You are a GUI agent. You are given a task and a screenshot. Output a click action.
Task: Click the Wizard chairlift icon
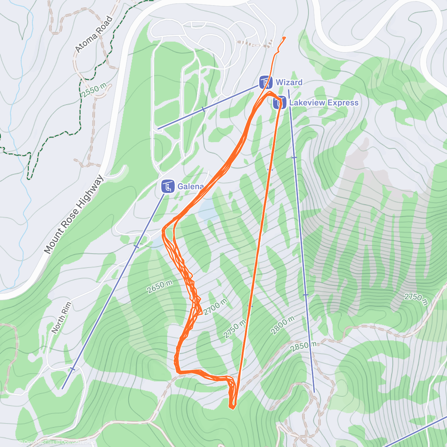(x=266, y=82)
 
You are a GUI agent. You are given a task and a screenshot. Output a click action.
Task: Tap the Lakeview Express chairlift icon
(x=279, y=103)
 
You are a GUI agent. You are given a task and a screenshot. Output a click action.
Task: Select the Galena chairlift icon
(x=168, y=186)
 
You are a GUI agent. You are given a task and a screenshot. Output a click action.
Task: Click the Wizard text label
(x=289, y=82)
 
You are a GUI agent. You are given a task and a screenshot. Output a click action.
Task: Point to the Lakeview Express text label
(x=324, y=103)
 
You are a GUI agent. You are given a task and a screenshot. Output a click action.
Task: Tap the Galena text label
(x=190, y=186)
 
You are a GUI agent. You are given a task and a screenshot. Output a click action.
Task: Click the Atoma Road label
(x=93, y=34)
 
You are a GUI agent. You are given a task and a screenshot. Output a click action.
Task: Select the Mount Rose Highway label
(x=74, y=215)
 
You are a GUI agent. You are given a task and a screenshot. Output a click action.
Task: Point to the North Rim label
(x=61, y=318)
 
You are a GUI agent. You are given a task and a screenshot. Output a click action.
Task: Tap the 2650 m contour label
(x=160, y=286)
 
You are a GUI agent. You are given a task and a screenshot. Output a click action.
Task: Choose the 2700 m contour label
(x=215, y=307)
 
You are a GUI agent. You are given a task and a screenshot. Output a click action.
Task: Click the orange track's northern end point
(x=285, y=38)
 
